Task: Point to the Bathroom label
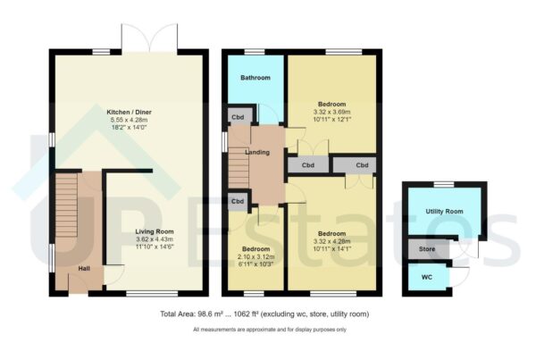(255, 78)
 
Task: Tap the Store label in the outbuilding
(427, 248)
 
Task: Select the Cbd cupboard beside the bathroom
(239, 115)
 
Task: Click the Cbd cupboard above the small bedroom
(239, 202)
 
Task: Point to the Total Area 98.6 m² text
(264, 314)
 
